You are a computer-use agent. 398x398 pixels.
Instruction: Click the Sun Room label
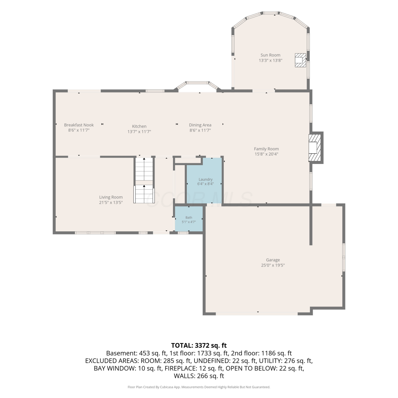pos(270,55)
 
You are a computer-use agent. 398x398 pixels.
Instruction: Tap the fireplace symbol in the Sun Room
pos(300,60)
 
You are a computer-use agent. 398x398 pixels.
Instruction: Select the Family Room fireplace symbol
pos(315,148)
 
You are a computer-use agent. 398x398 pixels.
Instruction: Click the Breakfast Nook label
pos(79,125)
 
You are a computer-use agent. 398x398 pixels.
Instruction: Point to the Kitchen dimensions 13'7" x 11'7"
pos(139,132)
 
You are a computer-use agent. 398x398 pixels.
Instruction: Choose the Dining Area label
pos(200,125)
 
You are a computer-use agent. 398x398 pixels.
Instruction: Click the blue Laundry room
pos(204,180)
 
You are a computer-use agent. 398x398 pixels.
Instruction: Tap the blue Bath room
pos(189,219)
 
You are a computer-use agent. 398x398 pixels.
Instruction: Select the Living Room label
pos(111,197)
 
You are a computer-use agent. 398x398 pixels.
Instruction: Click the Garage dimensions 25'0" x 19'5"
pos(273,265)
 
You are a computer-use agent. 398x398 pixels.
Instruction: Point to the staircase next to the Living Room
pos(144,180)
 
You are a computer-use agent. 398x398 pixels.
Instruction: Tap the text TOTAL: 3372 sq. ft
pos(199,345)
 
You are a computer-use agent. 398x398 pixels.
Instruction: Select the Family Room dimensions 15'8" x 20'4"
pos(266,154)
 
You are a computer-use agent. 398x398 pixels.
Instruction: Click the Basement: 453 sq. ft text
pos(136,353)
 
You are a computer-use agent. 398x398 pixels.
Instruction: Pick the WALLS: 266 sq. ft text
pos(199,376)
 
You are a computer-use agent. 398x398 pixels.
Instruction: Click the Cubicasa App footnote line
pos(199,387)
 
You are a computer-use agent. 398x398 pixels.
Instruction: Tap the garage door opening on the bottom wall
pos(257,313)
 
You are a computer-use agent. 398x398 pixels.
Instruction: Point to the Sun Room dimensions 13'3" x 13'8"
pos(270,60)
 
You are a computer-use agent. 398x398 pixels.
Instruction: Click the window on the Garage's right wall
pos(344,257)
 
